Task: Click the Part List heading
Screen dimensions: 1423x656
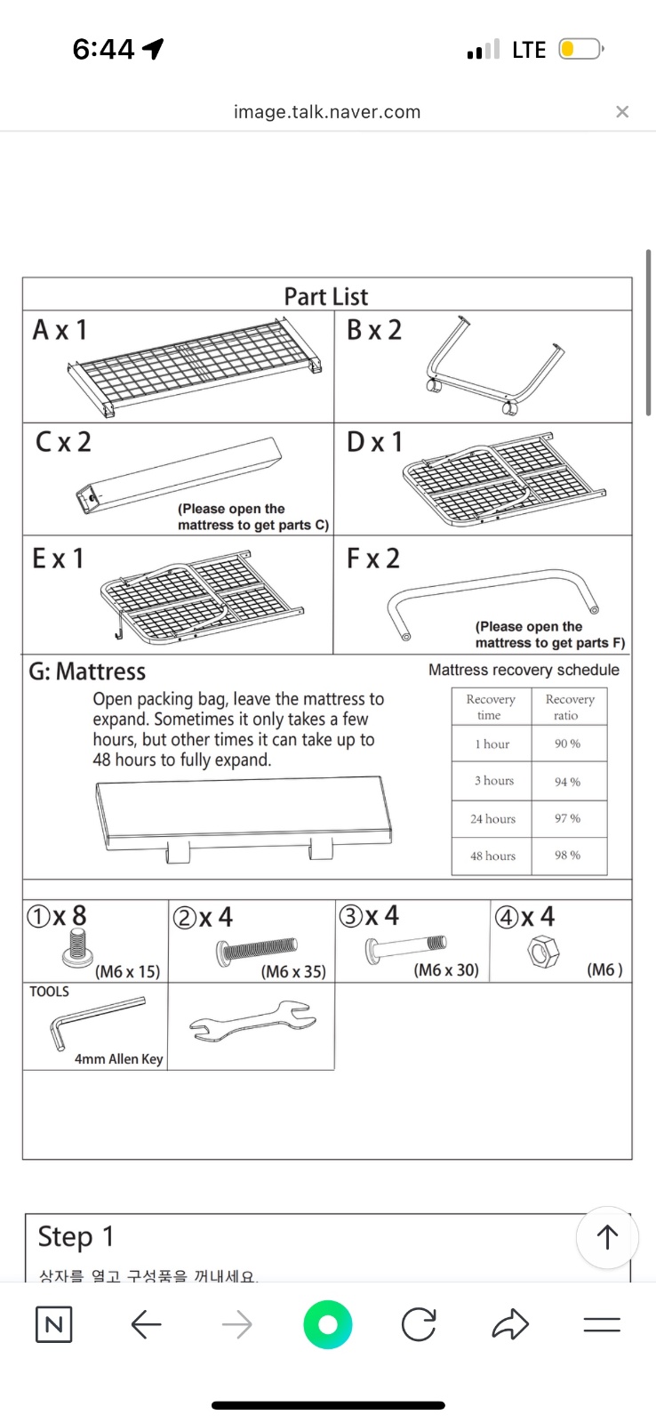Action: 325,296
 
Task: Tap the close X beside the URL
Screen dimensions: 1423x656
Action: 622,111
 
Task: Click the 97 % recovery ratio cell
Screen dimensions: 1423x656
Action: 567,818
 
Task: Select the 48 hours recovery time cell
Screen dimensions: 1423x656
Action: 492,856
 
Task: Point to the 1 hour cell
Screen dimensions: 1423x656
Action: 492,744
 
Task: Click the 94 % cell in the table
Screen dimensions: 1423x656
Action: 567,782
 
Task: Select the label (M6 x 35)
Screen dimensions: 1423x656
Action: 293,971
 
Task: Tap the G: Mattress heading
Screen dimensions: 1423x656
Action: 87,671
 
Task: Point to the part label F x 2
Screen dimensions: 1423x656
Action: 373,559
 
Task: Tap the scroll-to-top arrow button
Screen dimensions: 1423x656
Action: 607,1236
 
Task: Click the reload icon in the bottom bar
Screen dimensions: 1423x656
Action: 418,1324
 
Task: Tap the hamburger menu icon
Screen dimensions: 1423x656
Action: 602,1324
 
